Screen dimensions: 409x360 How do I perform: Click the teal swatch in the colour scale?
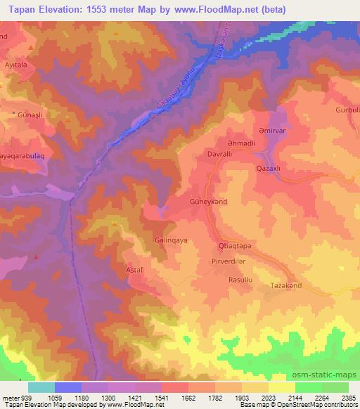tap(41, 387)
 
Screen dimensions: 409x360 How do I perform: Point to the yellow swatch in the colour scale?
tap(282, 387)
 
